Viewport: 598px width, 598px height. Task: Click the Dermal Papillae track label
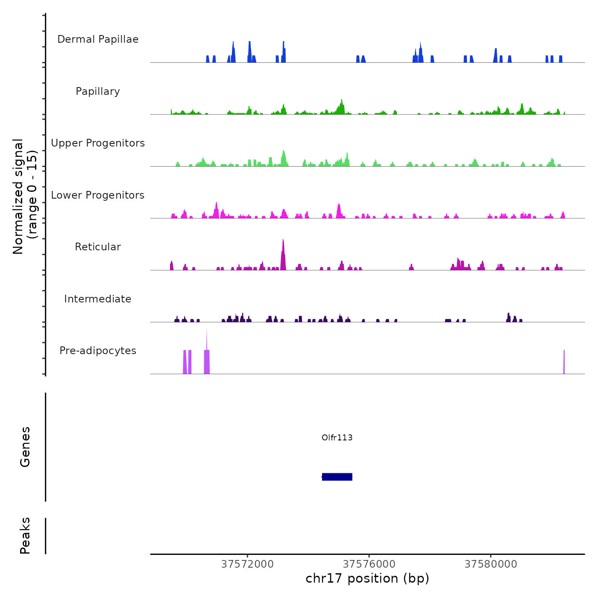pos(98,39)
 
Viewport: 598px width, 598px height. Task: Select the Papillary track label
pos(98,91)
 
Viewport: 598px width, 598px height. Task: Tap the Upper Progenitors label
pos(98,143)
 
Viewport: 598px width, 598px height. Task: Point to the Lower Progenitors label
pos(98,195)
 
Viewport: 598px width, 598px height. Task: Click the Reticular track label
pos(98,247)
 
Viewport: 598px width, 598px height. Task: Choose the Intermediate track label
pos(98,299)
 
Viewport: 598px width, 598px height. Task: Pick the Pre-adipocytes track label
pos(98,351)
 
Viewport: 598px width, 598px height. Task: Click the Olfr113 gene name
pos(337,437)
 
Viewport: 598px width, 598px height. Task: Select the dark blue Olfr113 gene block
pos(337,477)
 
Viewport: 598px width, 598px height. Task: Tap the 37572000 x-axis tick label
pos(247,564)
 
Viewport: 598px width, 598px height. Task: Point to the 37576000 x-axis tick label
pos(369,564)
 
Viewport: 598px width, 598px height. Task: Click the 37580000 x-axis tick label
pos(491,564)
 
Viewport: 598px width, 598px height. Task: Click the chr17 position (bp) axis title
pos(367,578)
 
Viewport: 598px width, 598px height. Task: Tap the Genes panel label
pos(25,447)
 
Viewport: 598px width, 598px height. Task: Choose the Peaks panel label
pos(25,536)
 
